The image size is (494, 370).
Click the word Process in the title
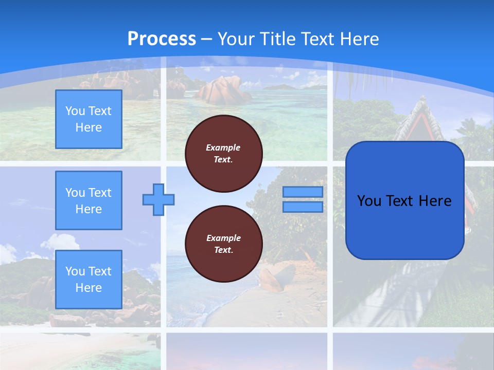point(162,39)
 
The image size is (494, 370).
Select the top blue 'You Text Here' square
point(89,119)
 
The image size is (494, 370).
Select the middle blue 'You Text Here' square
point(89,200)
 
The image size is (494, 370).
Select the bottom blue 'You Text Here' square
point(89,280)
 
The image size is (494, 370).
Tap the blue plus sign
point(158,199)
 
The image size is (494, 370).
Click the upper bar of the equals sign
point(303,192)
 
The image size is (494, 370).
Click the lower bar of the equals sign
point(303,207)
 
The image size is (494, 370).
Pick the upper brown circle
point(224,154)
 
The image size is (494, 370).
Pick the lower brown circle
point(224,244)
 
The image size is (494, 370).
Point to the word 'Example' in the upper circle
point(223,147)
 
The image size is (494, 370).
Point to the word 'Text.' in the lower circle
point(223,250)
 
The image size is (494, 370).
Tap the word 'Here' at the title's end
point(360,39)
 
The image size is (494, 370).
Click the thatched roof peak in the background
point(422,100)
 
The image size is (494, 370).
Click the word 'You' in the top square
point(75,111)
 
